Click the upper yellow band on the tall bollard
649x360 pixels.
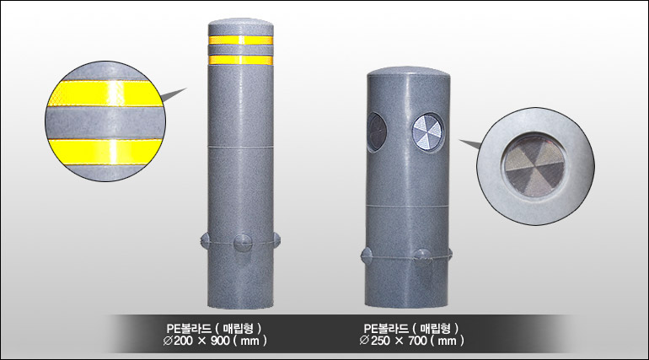click(240, 40)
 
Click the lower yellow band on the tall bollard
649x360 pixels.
click(240, 60)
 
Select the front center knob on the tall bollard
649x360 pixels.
click(242, 243)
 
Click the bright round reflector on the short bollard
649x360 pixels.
click(428, 132)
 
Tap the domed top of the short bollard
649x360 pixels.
click(409, 73)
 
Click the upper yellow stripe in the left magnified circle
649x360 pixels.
click(106, 94)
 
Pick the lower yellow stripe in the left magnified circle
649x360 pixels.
click(105, 152)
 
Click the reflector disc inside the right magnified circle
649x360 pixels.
click(534, 166)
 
